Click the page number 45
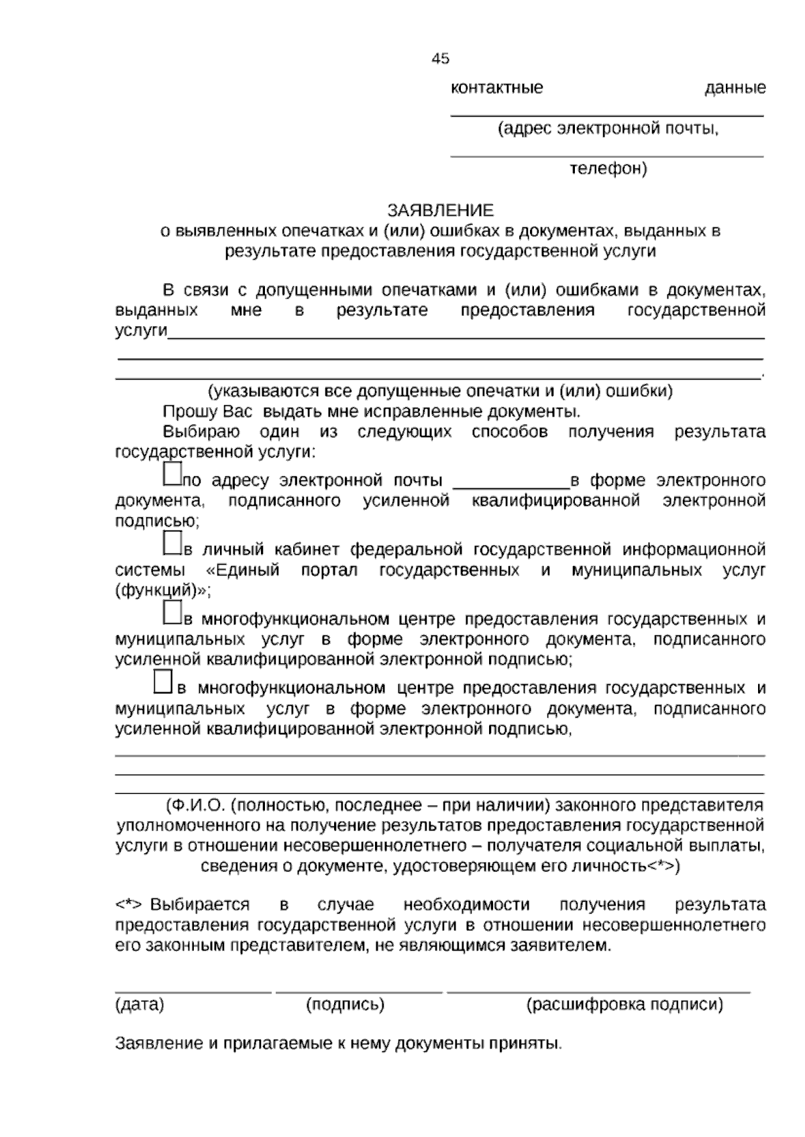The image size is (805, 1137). [440, 59]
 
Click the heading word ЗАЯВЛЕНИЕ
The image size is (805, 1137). [440, 211]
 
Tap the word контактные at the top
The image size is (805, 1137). [496, 88]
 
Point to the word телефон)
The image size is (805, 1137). [608, 169]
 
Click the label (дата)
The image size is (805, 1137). [140, 1005]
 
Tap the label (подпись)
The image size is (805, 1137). [345, 1005]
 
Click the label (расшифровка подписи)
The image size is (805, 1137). [625, 1005]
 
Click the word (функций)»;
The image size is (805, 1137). [163, 592]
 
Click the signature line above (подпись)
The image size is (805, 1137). [359, 991]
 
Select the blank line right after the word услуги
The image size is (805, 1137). [466, 338]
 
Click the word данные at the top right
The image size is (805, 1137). [735, 88]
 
